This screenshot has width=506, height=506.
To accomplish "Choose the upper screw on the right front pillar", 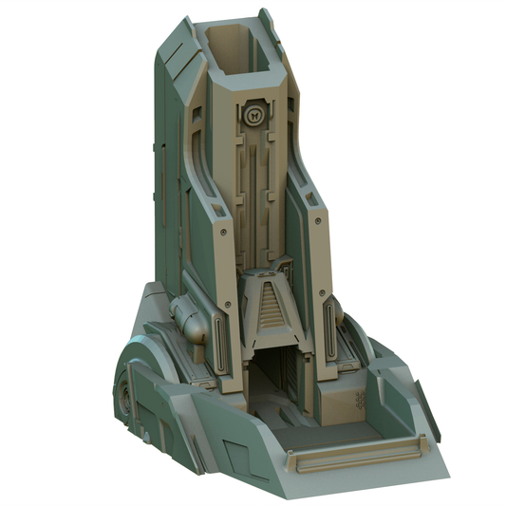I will pyautogui.click(x=313, y=227).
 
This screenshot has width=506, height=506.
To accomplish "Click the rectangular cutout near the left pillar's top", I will pyautogui.click(x=197, y=116).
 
